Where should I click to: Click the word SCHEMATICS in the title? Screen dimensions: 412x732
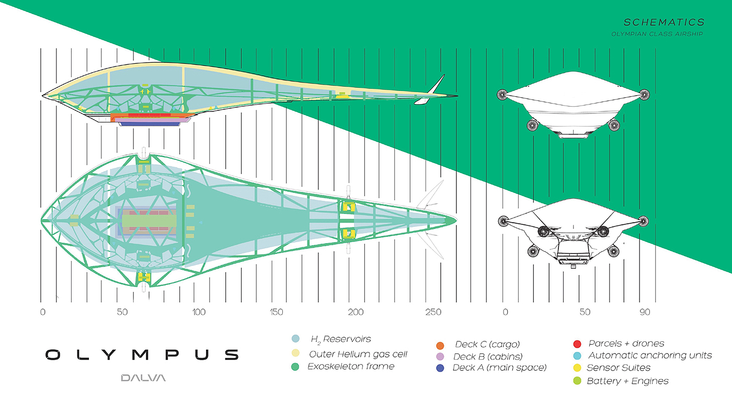tap(664, 22)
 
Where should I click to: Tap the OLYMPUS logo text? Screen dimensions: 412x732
tap(142, 355)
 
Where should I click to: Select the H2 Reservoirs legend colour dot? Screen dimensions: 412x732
tap(296, 339)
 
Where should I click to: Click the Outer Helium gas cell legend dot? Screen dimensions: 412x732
tap(296, 354)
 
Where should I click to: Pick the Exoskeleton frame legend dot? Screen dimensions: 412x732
tap(296, 367)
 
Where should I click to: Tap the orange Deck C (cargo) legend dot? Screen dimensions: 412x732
tap(440, 345)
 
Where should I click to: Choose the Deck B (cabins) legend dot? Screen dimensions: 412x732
tap(440, 357)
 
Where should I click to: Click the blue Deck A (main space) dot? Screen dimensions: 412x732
tap(440, 368)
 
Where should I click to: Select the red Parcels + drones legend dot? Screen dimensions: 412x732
tap(577, 344)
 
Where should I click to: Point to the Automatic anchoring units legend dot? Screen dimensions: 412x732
tap(577, 356)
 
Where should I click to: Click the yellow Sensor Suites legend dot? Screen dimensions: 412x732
tap(577, 368)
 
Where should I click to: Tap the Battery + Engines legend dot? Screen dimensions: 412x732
tap(577, 381)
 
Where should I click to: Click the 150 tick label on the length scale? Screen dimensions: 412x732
tap(277, 312)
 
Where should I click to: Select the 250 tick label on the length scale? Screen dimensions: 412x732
tap(433, 312)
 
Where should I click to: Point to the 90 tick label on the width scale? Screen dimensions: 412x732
tap(644, 312)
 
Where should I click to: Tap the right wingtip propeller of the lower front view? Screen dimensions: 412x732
tap(644, 221)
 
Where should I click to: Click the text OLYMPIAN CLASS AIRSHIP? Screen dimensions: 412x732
tap(657, 34)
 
